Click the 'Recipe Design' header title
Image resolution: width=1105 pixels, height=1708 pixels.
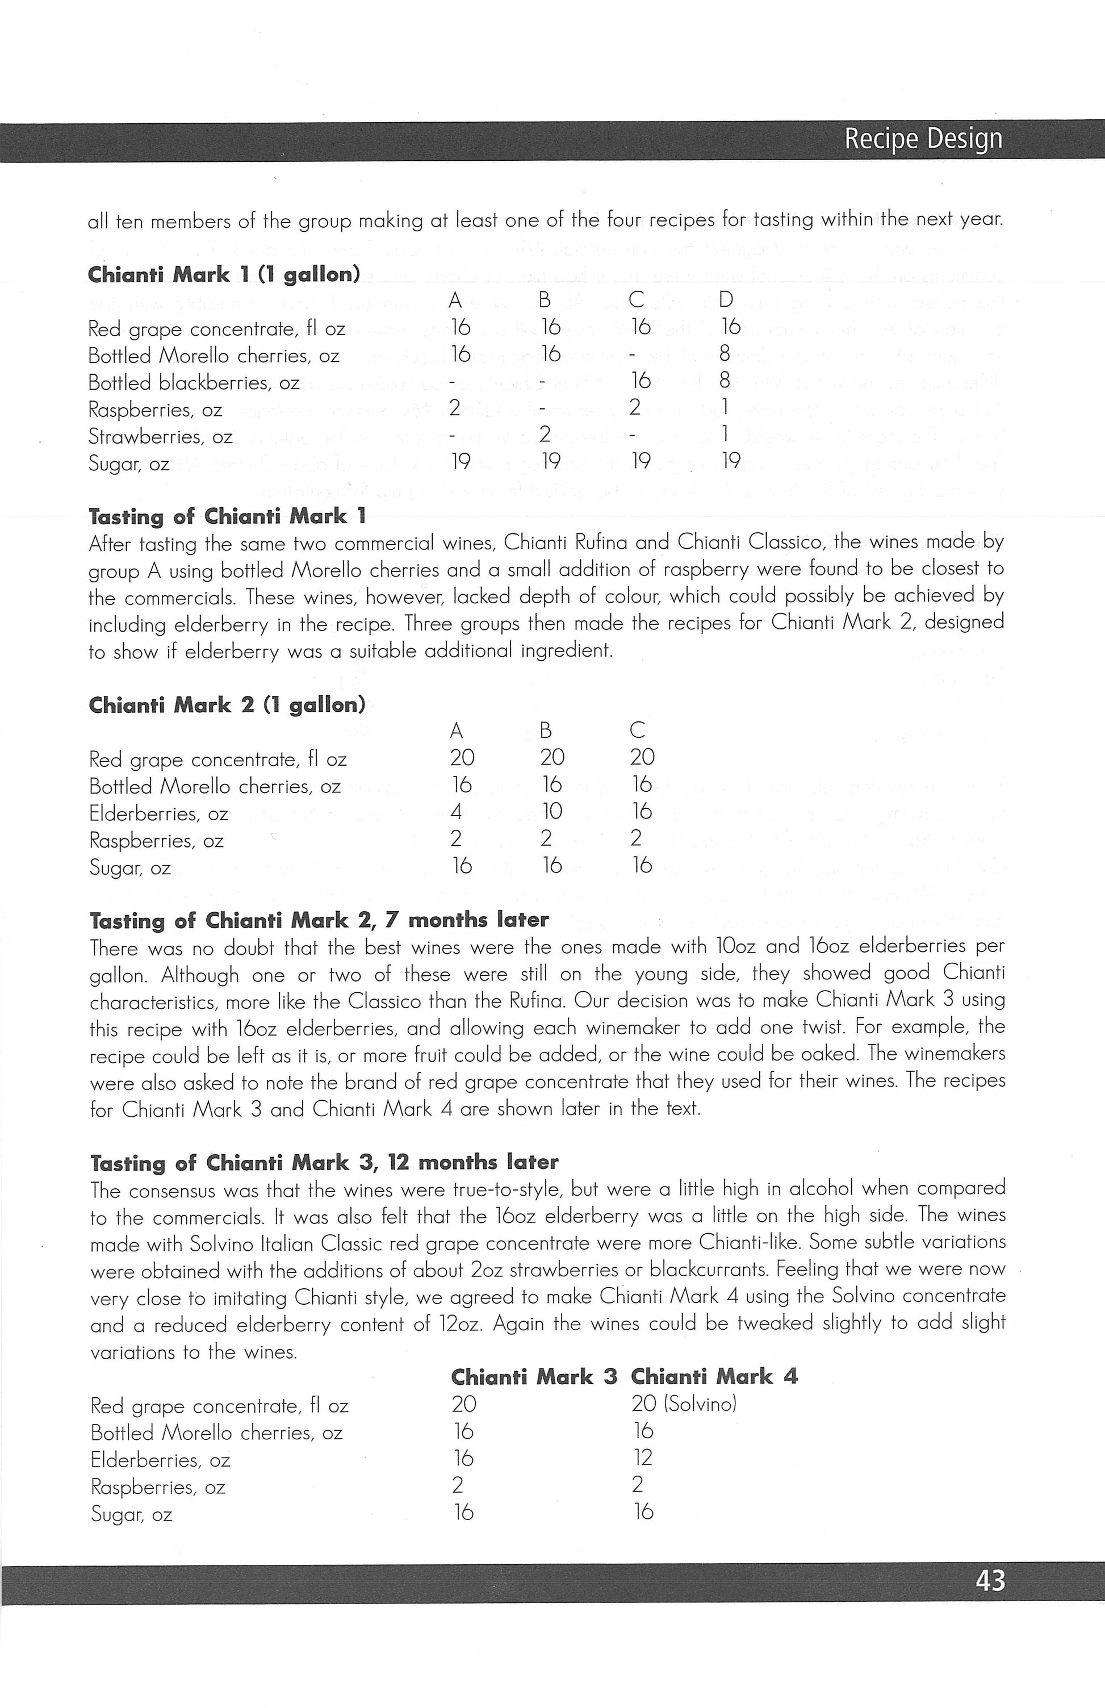[x=923, y=139]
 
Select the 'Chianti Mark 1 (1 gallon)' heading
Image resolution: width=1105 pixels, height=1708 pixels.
[x=224, y=275]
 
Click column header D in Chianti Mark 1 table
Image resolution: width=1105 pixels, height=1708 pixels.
[x=726, y=300]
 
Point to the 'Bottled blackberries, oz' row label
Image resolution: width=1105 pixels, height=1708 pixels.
[x=194, y=382]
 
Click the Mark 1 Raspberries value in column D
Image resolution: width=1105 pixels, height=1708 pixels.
[x=726, y=408]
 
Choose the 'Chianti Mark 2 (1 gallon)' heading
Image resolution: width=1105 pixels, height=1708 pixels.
[x=227, y=705]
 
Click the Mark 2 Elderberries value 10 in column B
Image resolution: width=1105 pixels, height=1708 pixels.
[x=552, y=812]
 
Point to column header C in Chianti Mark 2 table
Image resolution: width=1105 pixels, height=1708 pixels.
[x=637, y=730]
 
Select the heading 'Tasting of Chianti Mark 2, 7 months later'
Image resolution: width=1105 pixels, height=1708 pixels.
[x=319, y=920]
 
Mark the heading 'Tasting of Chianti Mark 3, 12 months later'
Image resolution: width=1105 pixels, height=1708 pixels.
[x=324, y=1162]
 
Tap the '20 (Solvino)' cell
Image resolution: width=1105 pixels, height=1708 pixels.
[x=684, y=1404]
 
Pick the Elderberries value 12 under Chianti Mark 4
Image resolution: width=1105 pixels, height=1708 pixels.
[x=643, y=1458]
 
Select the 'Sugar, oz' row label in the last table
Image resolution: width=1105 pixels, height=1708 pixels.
[x=131, y=1514]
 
